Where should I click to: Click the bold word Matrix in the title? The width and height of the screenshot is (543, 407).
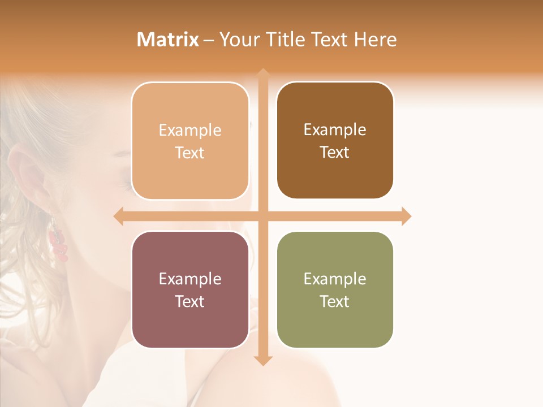point(168,40)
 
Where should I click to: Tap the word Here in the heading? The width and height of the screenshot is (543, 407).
point(375,40)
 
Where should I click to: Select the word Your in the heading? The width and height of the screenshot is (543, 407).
point(238,40)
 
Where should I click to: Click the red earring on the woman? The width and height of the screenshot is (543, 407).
point(58,243)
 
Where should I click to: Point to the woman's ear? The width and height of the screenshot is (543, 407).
point(28,175)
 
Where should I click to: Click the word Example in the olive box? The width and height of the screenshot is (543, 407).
point(335,279)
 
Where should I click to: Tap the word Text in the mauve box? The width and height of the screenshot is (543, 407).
point(190,301)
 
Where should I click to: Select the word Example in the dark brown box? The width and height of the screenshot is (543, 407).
point(335,129)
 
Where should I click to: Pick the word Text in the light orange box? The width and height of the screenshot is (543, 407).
point(190,153)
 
